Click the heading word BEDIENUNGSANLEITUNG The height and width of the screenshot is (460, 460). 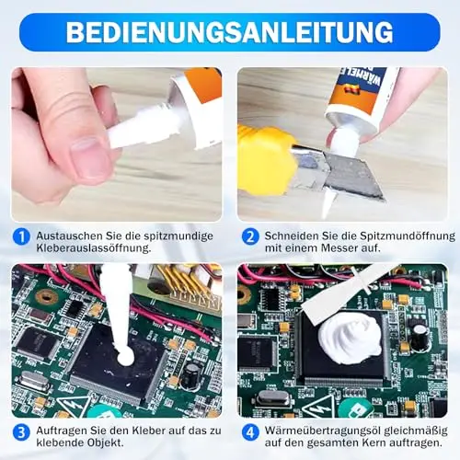(x=230, y=31)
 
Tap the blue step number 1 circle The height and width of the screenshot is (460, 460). (x=21, y=237)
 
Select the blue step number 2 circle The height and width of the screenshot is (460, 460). (x=250, y=237)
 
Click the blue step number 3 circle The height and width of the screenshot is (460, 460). (x=21, y=432)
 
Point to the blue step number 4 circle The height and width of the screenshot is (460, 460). (x=250, y=432)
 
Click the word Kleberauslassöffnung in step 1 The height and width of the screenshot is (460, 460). (x=94, y=248)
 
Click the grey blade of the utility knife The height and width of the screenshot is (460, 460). (x=352, y=175)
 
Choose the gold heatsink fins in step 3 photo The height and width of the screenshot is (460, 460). (x=184, y=282)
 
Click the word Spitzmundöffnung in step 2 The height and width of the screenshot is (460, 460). (x=408, y=236)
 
